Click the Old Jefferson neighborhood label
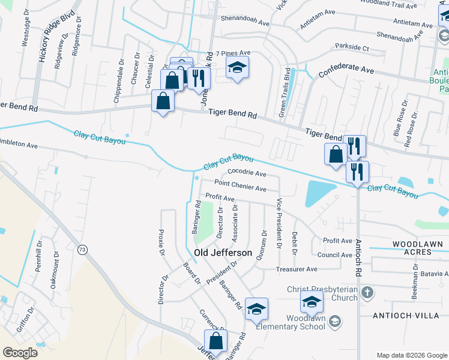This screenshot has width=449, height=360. point(223,253)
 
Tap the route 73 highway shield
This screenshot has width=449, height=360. point(82,248)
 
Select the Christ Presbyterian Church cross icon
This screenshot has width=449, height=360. point(367,293)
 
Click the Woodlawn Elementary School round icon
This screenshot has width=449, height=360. point(335,322)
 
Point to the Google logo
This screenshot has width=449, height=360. point(20,353)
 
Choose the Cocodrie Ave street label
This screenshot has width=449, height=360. point(247,174)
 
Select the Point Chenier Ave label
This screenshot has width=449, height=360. point(240,188)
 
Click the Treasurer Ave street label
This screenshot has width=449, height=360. point(297,269)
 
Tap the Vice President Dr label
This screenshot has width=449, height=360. point(279,222)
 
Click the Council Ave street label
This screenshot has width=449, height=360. point(334,255)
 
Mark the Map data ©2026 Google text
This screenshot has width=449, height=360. point(411,355)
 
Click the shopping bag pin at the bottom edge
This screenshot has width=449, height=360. point(215,341)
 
